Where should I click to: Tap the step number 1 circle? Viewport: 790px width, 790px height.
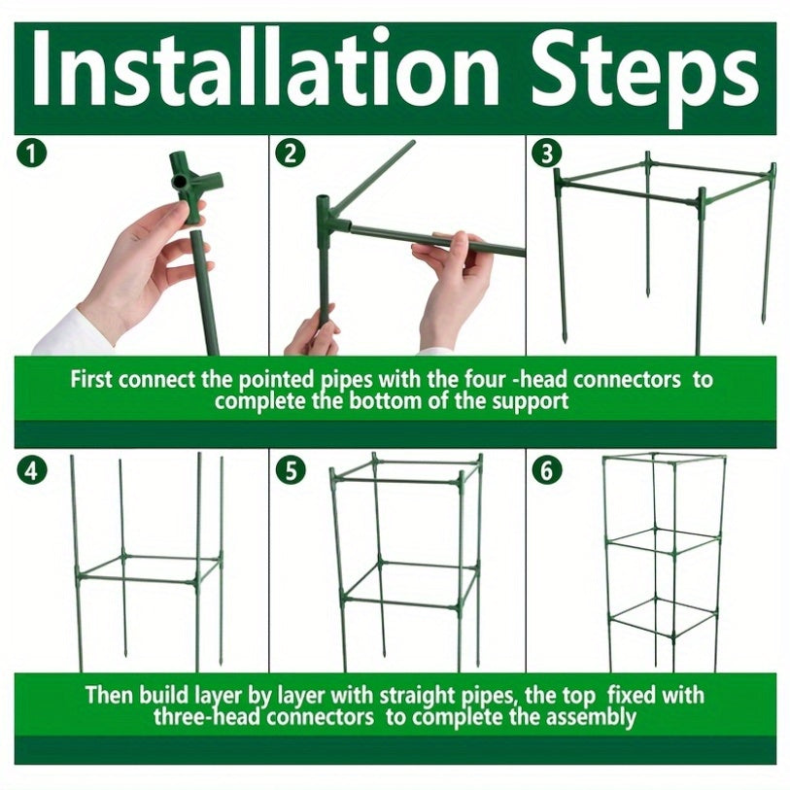point(31,154)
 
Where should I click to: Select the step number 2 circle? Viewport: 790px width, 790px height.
point(291,154)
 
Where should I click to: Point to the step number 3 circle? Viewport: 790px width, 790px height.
point(547,154)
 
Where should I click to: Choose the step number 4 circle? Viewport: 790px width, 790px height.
point(31,470)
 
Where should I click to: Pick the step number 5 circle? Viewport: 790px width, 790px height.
point(291,470)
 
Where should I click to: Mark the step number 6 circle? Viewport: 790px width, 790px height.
point(547,470)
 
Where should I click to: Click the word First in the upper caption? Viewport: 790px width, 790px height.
point(90,379)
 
